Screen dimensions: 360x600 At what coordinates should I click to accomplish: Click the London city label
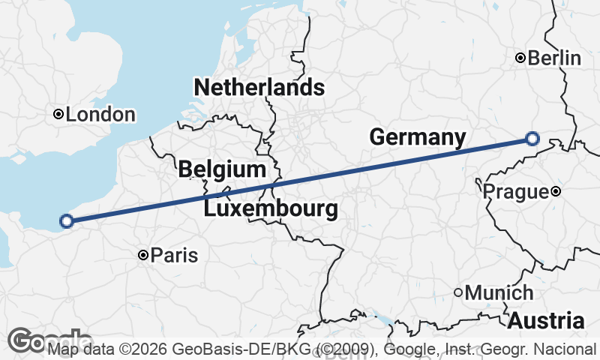(x=101, y=115)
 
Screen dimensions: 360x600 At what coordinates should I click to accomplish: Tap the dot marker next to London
(x=58, y=114)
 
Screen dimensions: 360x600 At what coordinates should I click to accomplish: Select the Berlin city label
(x=555, y=58)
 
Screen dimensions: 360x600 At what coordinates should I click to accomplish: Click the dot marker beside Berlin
(x=520, y=58)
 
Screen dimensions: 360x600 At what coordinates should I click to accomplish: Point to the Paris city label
(x=175, y=256)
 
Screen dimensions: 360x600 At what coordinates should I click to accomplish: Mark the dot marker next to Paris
(x=142, y=256)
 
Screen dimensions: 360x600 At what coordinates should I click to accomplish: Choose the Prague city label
(x=515, y=192)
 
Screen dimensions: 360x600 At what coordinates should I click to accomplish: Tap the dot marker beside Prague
(x=556, y=191)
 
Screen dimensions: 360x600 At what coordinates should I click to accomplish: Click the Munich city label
(x=499, y=293)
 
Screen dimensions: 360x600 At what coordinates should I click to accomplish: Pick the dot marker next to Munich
(x=458, y=292)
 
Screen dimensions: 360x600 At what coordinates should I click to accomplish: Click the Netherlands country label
(x=259, y=88)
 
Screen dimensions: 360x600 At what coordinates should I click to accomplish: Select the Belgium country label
(x=222, y=169)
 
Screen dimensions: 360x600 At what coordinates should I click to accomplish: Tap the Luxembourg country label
(x=270, y=208)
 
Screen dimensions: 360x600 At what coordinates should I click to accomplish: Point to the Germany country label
(x=418, y=137)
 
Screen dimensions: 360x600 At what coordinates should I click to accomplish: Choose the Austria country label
(x=546, y=321)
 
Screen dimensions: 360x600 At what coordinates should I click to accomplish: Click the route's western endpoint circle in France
(x=66, y=220)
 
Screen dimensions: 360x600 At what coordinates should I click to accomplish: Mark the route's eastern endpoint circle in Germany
(x=532, y=138)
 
